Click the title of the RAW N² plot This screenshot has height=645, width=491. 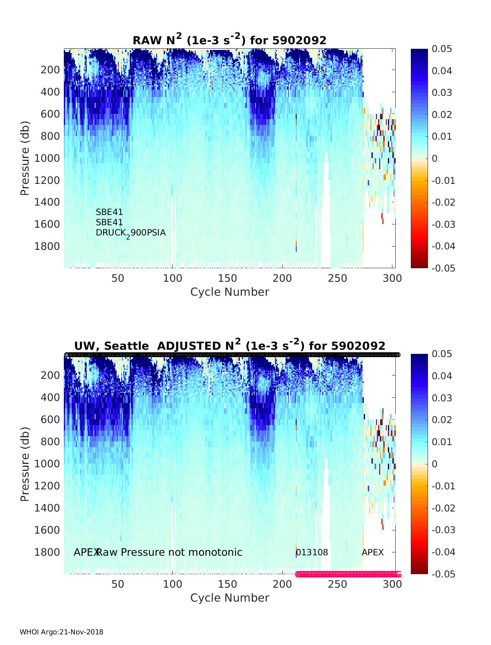[x=230, y=40]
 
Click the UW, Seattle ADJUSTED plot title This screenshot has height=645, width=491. [x=230, y=346]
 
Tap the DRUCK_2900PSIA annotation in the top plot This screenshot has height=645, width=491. [x=131, y=233]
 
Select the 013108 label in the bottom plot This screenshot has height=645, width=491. [x=312, y=552]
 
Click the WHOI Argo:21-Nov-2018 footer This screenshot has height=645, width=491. [x=61, y=632]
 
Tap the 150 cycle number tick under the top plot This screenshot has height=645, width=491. [x=227, y=278]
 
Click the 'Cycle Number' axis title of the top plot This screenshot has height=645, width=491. [x=230, y=292]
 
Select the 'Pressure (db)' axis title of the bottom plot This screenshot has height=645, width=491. [x=25, y=464]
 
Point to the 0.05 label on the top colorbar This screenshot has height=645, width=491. [x=442, y=49]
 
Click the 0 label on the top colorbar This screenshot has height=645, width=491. [x=435, y=158]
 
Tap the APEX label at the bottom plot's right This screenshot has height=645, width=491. [x=373, y=552]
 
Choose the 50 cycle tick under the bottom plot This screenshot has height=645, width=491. [x=118, y=584]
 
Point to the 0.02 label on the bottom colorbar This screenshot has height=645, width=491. [x=442, y=420]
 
